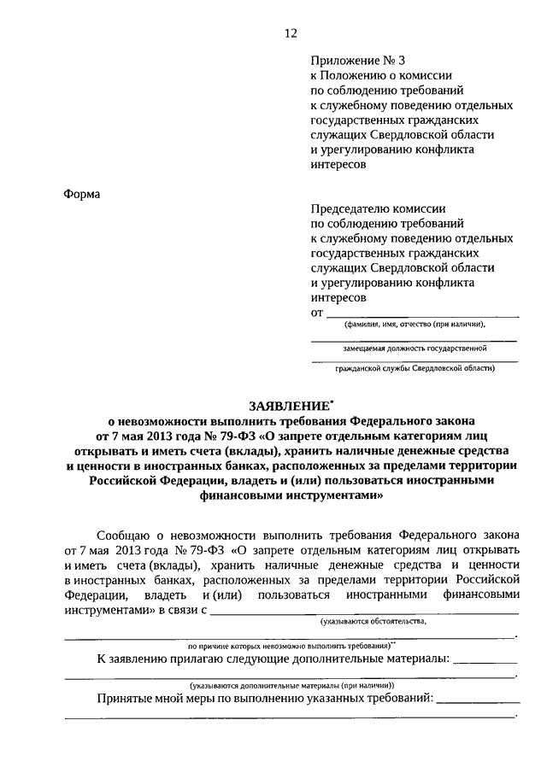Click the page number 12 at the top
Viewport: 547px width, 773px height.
click(291, 33)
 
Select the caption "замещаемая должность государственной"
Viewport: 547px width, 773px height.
click(415, 348)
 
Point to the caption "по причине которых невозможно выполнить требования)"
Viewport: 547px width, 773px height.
click(290, 646)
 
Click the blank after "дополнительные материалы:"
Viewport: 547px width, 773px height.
click(485, 661)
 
